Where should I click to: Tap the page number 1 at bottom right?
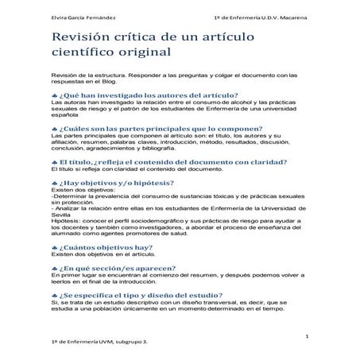306,339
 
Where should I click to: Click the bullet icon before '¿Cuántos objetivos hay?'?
54,269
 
